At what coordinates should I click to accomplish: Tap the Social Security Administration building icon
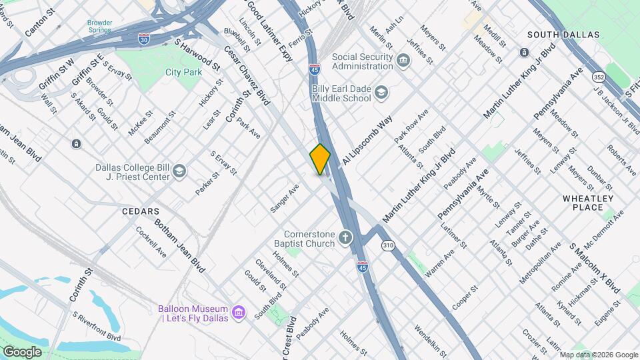(x=403, y=61)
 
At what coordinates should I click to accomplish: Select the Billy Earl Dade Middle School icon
(x=381, y=93)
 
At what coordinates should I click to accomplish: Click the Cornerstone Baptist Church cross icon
(x=345, y=238)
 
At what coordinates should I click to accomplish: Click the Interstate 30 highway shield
(x=144, y=39)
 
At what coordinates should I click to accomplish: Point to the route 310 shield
(x=388, y=246)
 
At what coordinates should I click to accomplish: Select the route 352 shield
(x=598, y=78)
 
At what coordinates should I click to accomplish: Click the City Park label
(x=183, y=71)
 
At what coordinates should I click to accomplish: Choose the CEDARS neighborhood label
(x=139, y=211)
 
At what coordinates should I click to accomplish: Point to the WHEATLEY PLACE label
(x=587, y=203)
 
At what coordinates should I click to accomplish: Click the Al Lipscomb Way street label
(x=367, y=143)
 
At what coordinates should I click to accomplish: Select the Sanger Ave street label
(x=285, y=198)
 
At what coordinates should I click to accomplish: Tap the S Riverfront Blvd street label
(x=97, y=325)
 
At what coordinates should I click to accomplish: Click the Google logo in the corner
(x=22, y=351)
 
